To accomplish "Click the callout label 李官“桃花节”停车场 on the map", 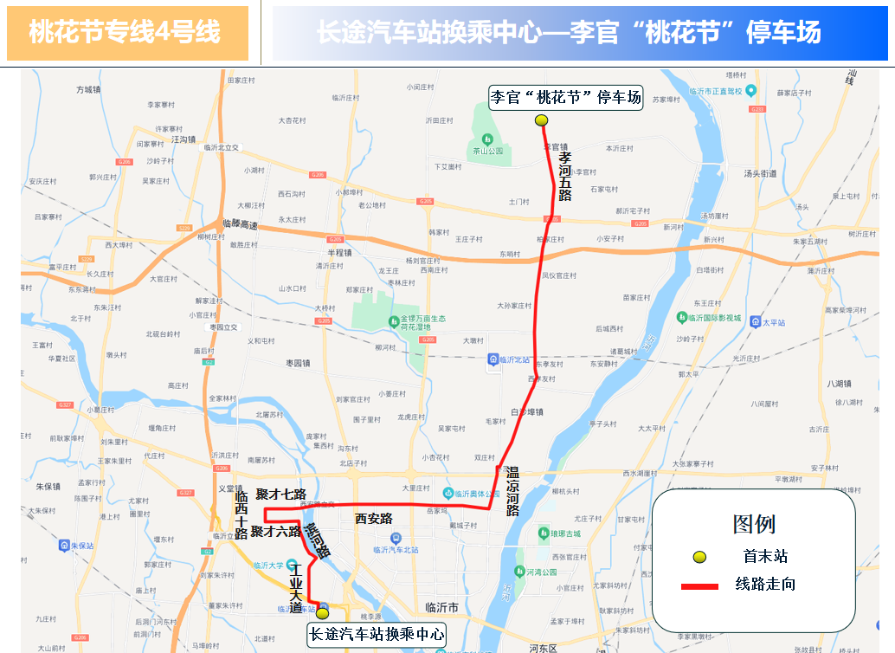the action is click(x=566, y=96).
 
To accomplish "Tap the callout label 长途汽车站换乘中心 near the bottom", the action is click(x=377, y=635).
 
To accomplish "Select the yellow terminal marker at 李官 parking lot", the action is click(x=542, y=120).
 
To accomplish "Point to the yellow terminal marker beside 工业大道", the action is click(x=322, y=613).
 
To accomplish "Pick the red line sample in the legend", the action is click(x=699, y=586).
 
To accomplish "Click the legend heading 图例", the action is click(x=753, y=524).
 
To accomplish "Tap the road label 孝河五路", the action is click(x=564, y=177).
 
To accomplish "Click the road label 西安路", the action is click(x=374, y=519).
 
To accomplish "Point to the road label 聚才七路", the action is click(x=280, y=495).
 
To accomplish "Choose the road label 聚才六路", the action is click(x=275, y=531).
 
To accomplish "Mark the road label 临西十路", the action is click(x=241, y=514).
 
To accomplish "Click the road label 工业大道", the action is click(x=296, y=587).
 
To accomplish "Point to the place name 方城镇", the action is click(x=89, y=89).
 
